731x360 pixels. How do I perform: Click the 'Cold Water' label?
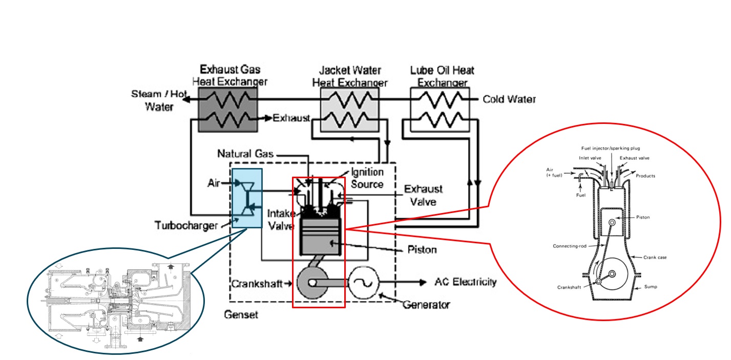[509, 99]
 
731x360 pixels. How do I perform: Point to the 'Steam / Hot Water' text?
[159, 100]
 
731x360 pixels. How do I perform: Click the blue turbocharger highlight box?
[247, 198]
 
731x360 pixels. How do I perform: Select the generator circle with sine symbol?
[363, 282]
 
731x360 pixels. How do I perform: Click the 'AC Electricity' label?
[465, 282]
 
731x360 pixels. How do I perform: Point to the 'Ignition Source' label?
[367, 178]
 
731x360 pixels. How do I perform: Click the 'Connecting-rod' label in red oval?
[569, 246]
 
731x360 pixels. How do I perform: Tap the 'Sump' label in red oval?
[651, 287]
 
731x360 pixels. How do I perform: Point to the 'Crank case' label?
[655, 257]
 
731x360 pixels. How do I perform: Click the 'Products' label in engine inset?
[645, 176]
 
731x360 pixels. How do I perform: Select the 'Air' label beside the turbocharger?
[214, 183]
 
